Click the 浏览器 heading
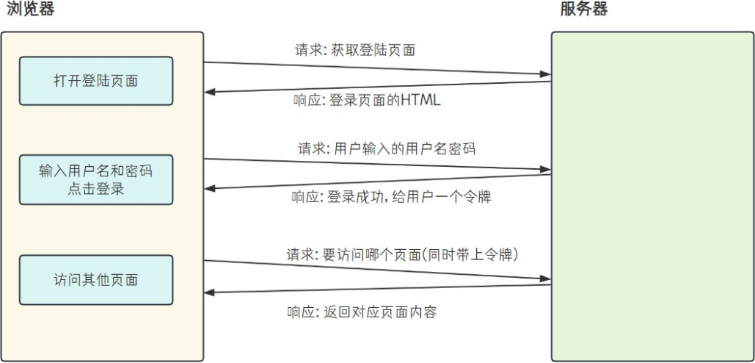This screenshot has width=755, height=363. (x=30, y=10)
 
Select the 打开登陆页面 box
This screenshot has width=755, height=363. (x=96, y=81)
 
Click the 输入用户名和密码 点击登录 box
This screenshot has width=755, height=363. (x=96, y=179)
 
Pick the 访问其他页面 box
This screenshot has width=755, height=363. (x=96, y=280)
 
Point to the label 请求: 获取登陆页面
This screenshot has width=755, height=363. (x=356, y=51)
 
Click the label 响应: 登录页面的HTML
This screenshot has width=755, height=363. (x=365, y=100)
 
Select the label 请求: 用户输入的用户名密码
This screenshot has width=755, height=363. (x=386, y=148)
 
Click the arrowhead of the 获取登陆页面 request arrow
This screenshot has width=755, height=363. (x=545, y=74)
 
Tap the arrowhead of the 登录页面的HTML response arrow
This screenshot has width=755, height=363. (x=210, y=93)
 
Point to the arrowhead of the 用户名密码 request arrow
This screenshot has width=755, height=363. (x=545, y=170)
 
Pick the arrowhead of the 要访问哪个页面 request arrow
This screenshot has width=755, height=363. (x=545, y=279)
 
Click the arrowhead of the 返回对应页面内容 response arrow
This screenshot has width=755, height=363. (x=210, y=292)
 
